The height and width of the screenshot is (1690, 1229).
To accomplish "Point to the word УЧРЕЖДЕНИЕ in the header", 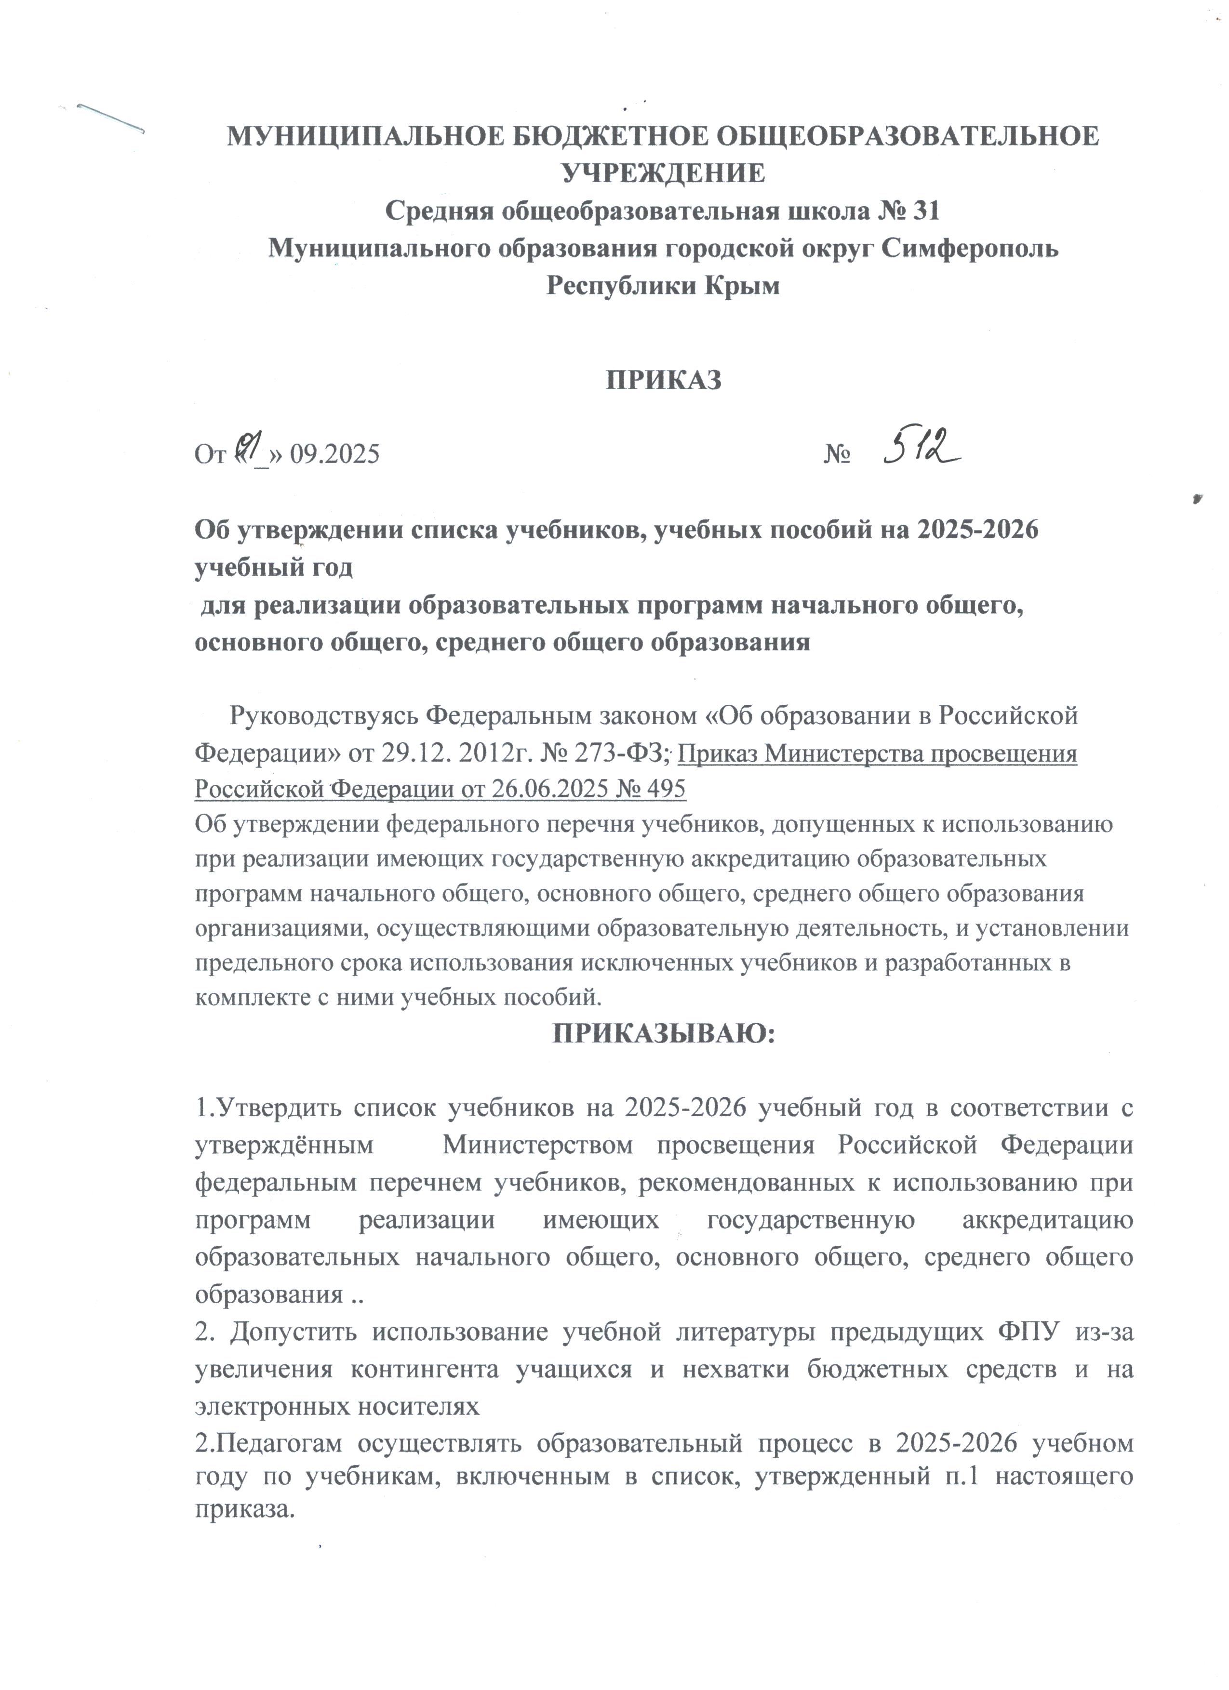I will [x=663, y=173].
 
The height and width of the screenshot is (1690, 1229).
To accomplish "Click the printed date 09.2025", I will [x=334, y=454].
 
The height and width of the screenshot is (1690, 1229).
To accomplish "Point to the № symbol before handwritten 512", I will [x=838, y=454].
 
